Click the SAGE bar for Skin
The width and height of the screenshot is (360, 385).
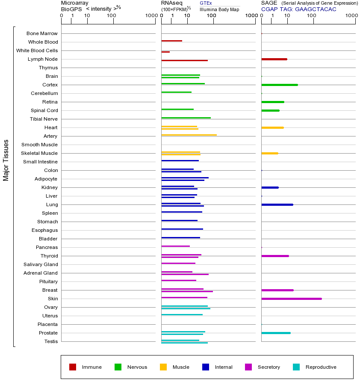tap(291, 299)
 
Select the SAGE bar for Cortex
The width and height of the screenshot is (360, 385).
tap(279, 85)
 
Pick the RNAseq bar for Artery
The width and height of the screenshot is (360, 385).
tap(189, 135)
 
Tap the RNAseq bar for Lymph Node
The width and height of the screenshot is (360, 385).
tap(184, 60)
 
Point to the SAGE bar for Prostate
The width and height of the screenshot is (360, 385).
tap(276, 333)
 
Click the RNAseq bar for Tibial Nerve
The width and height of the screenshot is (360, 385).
tap(186, 118)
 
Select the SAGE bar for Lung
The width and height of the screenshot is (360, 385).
tap(277, 204)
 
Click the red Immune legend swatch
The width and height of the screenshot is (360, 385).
tap(73, 367)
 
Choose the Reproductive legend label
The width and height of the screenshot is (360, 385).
tap(321, 367)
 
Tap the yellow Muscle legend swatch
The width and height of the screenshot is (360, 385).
tap(163, 367)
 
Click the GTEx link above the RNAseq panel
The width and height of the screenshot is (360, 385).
tap(206, 3)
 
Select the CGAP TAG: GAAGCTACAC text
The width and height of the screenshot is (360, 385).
tap(298, 9)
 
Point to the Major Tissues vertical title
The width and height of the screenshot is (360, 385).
tap(6, 160)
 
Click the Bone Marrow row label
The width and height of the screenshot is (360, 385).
tap(42, 33)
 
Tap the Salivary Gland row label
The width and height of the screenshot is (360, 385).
tap(41, 264)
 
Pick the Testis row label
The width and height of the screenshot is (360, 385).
tap(51, 341)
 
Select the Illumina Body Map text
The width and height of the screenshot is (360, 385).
tap(219, 9)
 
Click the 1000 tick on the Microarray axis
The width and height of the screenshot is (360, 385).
tap(151, 16)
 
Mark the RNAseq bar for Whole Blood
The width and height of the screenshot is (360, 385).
tap(171, 41)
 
